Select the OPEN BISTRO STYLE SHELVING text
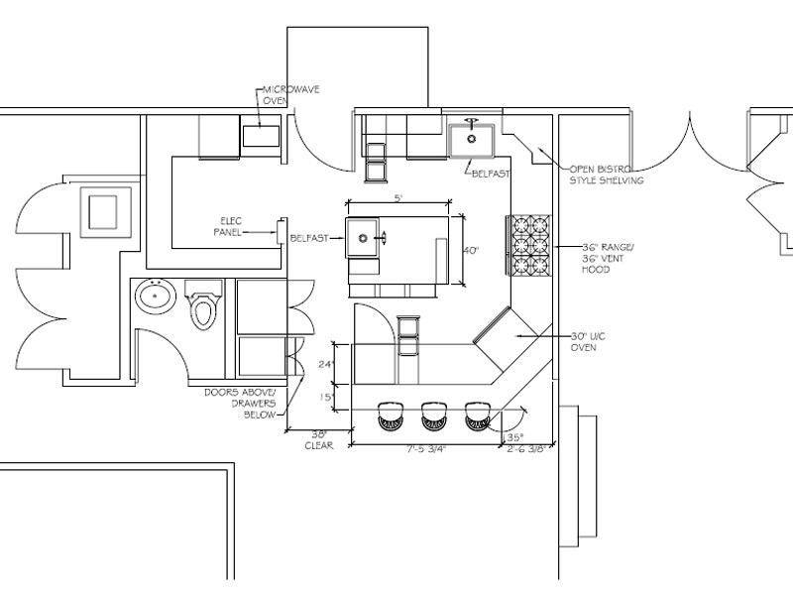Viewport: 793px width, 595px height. point(606,175)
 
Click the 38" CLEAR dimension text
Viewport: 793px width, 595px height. point(318,440)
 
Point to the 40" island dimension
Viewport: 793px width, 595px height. point(471,251)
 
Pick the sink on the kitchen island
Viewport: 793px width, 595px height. point(365,238)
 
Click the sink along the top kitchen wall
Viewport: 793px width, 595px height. point(472,139)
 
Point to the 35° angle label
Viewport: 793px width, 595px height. point(513,435)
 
